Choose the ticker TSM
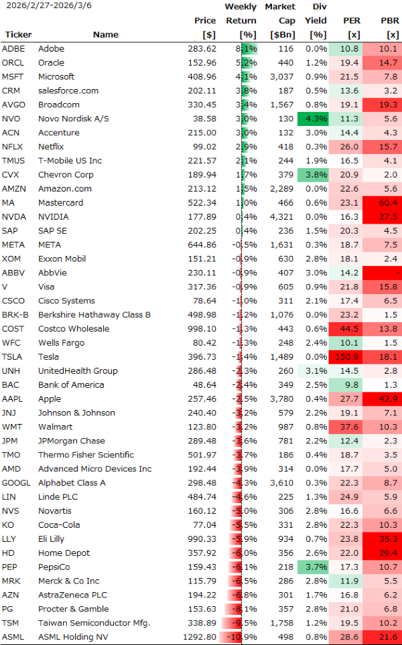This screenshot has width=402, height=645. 11,623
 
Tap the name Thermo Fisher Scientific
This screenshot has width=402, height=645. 86,455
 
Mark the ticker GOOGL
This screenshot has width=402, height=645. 16,483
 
